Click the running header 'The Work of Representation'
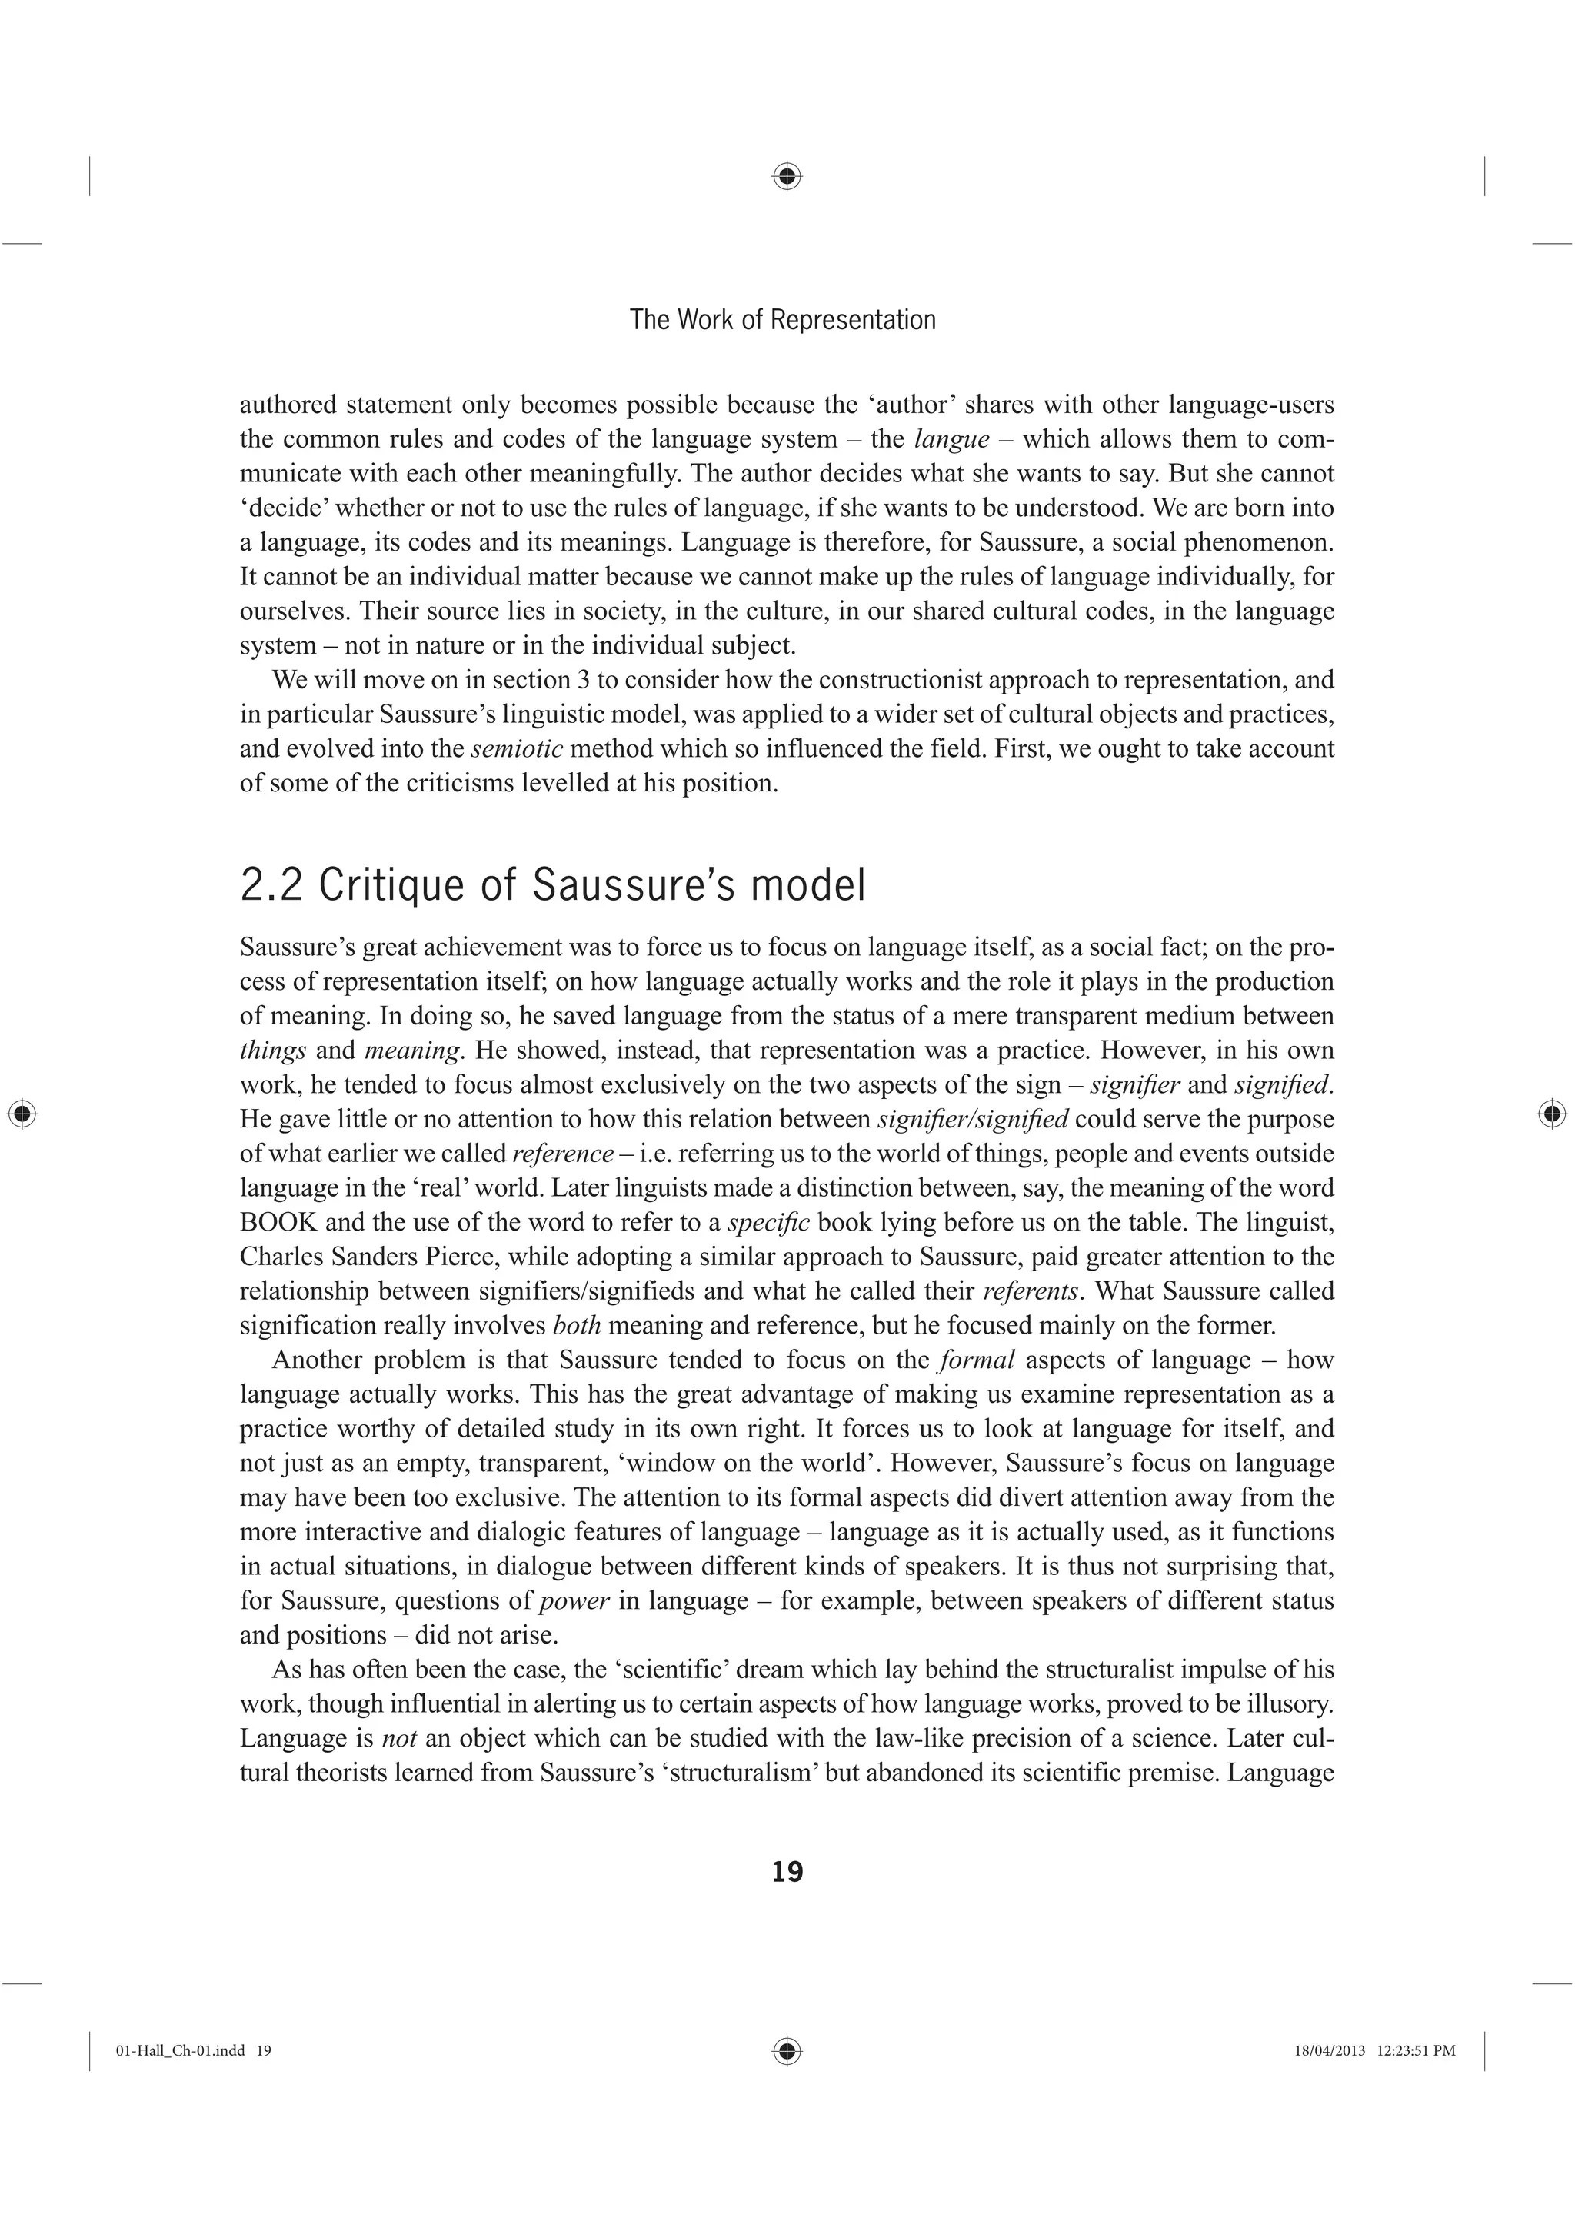click(x=782, y=320)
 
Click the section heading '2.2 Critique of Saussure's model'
click(x=552, y=885)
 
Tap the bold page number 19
click(x=787, y=1873)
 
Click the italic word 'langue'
click(x=951, y=440)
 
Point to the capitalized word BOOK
click(x=278, y=1223)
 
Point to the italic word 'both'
click(x=577, y=1326)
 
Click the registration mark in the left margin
click(x=22, y=1114)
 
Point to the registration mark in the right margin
click(x=1552, y=1114)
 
